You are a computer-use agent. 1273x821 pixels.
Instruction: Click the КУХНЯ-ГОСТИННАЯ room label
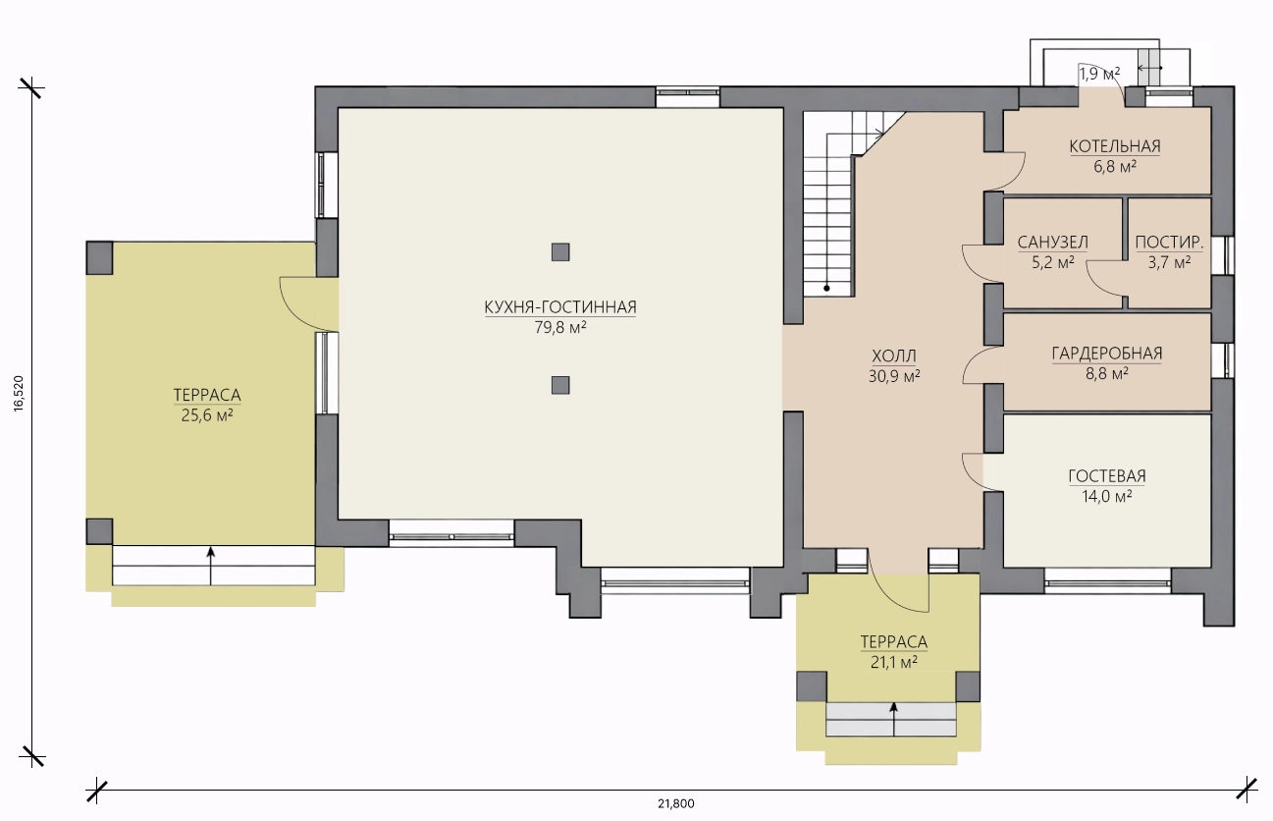point(559,307)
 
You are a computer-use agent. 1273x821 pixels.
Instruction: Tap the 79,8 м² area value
point(559,328)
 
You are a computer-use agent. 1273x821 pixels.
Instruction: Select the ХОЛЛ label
point(894,356)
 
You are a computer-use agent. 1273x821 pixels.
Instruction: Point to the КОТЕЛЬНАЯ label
point(1114,146)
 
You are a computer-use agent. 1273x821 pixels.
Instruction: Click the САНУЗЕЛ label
point(1052,243)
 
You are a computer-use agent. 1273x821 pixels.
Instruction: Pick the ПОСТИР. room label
point(1169,243)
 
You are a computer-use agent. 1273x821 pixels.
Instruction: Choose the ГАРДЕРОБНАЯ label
point(1106,354)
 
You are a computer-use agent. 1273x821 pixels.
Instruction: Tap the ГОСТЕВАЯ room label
point(1106,476)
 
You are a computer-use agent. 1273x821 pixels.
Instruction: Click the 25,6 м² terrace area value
point(207,415)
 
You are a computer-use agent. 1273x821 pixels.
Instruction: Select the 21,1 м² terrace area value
point(893,662)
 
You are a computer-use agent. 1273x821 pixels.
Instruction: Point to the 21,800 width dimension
point(675,804)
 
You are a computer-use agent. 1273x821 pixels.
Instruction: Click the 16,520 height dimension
point(20,393)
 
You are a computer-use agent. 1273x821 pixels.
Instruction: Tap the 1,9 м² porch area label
point(1099,74)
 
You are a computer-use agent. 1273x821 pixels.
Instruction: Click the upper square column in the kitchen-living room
point(560,251)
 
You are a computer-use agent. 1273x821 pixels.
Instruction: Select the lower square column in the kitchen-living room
point(560,386)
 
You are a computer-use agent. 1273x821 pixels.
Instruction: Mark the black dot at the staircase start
point(826,289)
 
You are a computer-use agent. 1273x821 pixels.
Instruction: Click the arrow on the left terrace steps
point(211,566)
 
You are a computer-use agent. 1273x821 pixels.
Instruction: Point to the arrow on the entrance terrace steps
point(894,719)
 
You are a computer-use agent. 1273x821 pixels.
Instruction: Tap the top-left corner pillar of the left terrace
point(99,258)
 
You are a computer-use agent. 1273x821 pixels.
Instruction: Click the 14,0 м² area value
point(1106,497)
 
